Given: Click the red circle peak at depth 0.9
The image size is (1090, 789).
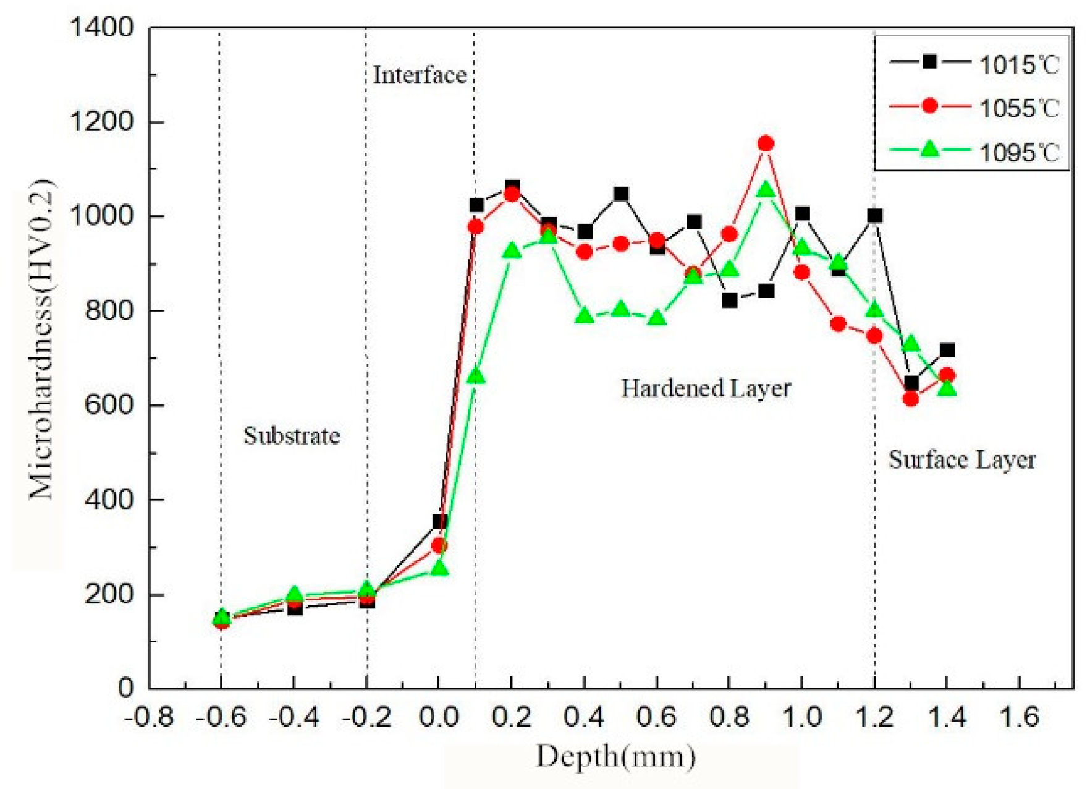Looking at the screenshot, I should pos(766,143).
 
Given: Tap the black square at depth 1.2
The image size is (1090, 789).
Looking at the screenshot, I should pos(874,215).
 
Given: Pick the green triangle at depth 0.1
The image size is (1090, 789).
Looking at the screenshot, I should pos(475,376).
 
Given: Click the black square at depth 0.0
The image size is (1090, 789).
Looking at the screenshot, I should pos(439,521).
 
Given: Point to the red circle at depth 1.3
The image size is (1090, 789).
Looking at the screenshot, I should pos(910,399).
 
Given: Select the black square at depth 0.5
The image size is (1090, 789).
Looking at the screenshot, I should pos(621,194).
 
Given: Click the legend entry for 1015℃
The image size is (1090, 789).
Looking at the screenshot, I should pos(974,64).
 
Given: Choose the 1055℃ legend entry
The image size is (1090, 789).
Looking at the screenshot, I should pos(974,108).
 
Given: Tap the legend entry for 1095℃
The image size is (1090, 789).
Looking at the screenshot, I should pos(974,151).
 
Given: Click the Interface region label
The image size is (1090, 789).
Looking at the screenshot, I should pos(419,75).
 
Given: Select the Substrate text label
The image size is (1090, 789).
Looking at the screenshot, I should pos(292,436).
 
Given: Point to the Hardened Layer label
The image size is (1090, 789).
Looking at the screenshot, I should pos(705,388).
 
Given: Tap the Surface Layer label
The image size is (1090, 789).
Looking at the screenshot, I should pos(961,460).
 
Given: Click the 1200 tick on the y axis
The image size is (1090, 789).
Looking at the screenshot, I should pos(101,122).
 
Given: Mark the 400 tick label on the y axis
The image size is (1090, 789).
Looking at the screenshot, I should pos(108,500).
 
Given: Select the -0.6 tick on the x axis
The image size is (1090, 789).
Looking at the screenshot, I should pos(221,718).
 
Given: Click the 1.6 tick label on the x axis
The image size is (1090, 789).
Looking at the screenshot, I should pos(1019,718).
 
